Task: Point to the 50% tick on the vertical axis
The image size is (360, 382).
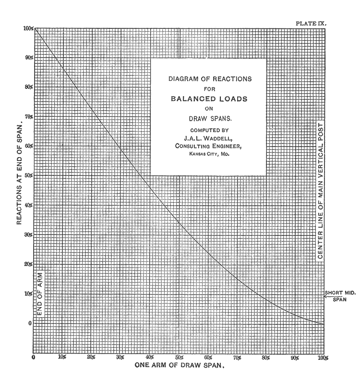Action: pyautogui.click(x=28, y=176)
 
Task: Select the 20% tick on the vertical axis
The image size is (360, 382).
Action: pyautogui.click(x=28, y=264)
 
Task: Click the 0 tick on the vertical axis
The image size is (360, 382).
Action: pyautogui.click(x=29, y=323)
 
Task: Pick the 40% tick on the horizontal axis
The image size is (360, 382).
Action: pyautogui.click(x=149, y=358)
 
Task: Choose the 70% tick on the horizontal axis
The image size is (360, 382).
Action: pyautogui.click(x=237, y=358)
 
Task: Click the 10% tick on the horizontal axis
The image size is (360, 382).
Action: pyautogui.click(x=62, y=358)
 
